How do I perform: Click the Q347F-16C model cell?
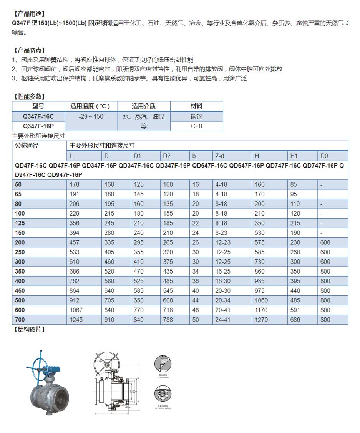pyautogui.click(x=38, y=116)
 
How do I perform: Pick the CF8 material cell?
pyautogui.click(x=196, y=126)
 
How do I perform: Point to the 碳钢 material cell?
pyautogui.click(x=196, y=116)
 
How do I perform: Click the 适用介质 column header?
pyautogui.click(x=144, y=106)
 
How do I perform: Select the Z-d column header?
pyautogui.click(x=220, y=156)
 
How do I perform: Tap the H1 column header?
pyautogui.click(x=294, y=156)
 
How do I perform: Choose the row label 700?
pyautogui.click(x=20, y=320)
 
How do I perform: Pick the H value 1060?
pyautogui.click(x=262, y=300)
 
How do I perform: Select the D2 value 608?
pyautogui.click(x=168, y=300)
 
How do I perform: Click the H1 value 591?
pyautogui.click(x=295, y=310)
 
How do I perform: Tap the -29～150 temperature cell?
pyautogui.click(x=91, y=116)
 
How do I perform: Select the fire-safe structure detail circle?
pyautogui.click(x=163, y=363)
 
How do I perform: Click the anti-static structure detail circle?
pyautogui.click(x=163, y=394)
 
